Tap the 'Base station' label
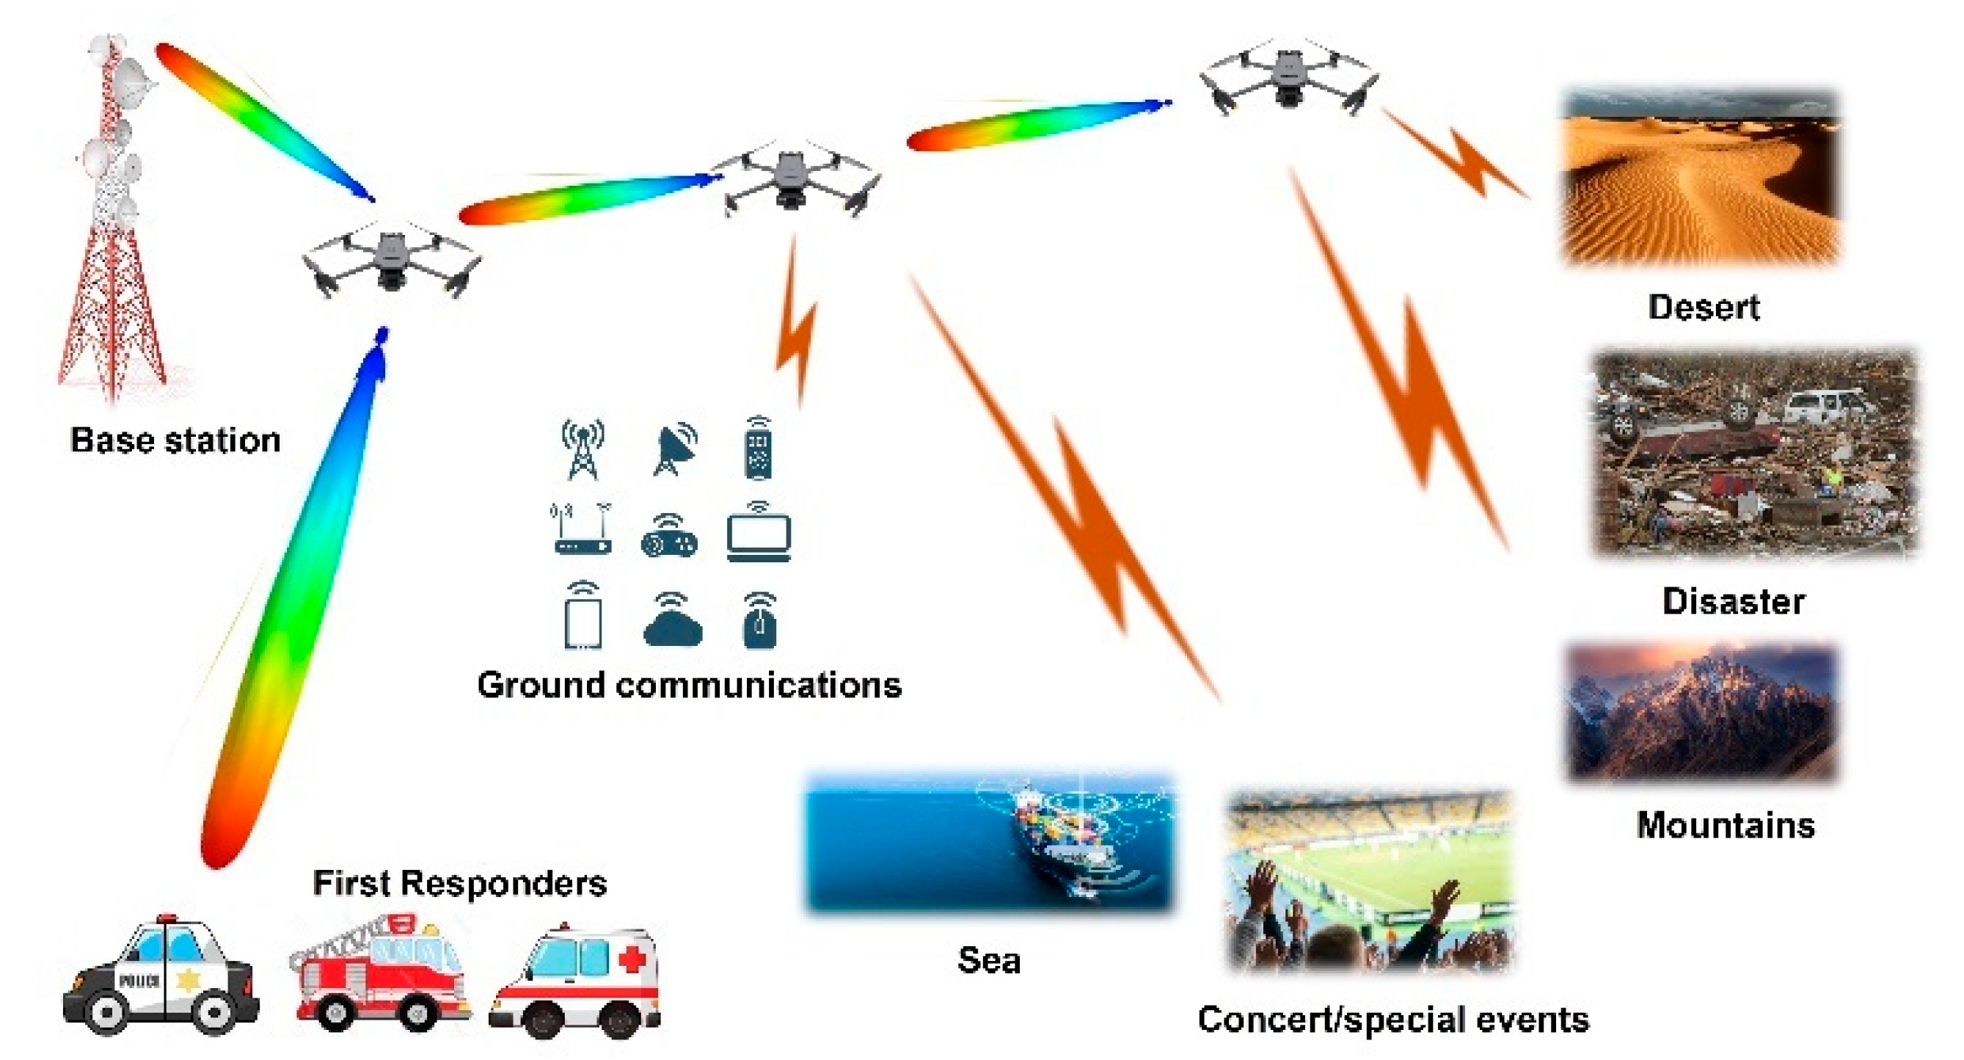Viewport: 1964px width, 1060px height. pos(175,440)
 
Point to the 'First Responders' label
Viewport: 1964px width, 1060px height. pos(460,883)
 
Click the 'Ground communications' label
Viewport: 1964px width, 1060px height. pos(689,684)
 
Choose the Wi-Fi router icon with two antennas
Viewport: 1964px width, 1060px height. pos(582,529)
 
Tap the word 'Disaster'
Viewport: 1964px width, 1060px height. pos(1733,601)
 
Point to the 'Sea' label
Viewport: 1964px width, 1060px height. pos(989,959)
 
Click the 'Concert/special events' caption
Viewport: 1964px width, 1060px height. pos(1393,1019)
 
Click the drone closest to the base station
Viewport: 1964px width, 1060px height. pos(391,259)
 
